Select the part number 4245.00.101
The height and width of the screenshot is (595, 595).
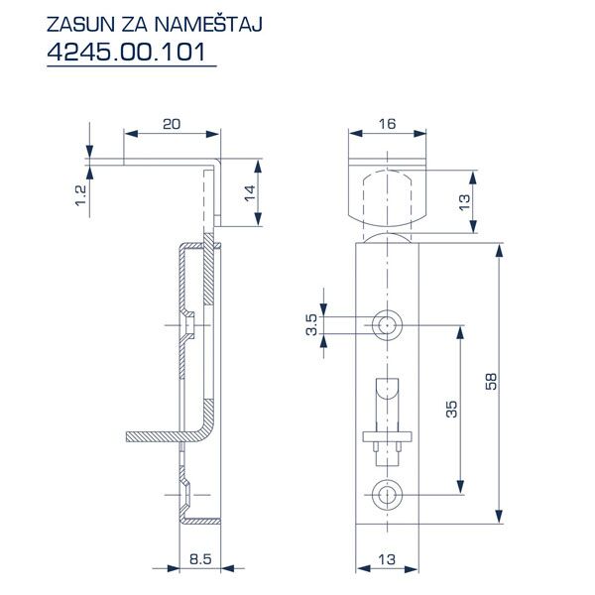(x=130, y=52)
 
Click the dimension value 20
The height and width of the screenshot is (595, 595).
(x=170, y=124)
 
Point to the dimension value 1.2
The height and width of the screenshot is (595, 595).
(x=80, y=194)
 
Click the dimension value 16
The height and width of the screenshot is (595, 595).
(x=387, y=124)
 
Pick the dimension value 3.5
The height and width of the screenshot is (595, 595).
(x=310, y=324)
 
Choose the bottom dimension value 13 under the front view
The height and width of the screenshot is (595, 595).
(x=388, y=561)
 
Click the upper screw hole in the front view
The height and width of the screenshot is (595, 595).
(x=387, y=323)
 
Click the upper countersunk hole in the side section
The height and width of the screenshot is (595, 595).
(x=185, y=325)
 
